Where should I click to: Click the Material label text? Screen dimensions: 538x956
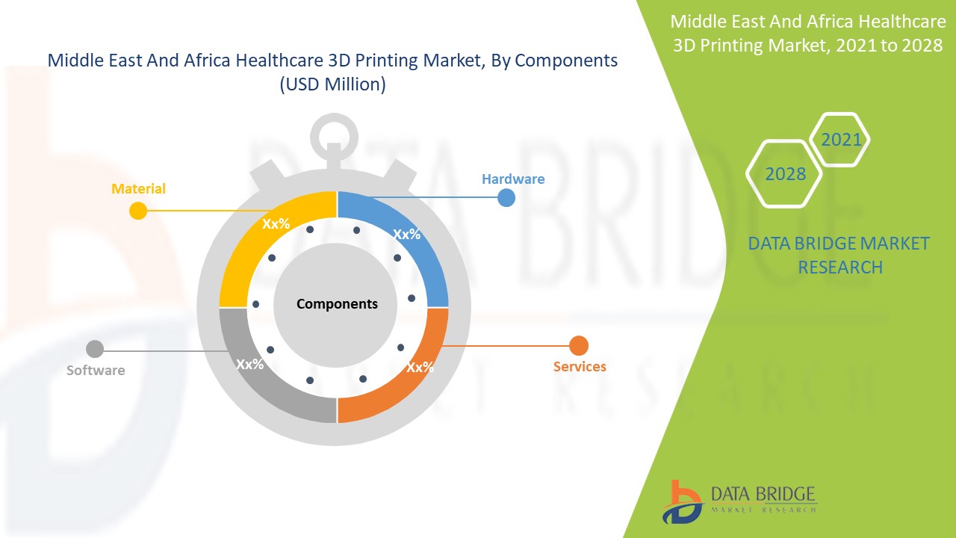tap(138, 189)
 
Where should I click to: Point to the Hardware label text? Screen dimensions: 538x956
tap(513, 179)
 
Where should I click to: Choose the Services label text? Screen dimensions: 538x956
tap(580, 366)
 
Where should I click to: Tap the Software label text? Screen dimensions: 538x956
tap(96, 370)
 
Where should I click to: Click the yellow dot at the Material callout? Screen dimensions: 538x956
tap(138, 211)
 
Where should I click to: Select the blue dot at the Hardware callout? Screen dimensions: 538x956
tap(506, 197)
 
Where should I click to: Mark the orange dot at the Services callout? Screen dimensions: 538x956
tap(579, 346)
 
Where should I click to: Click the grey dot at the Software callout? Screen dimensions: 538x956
tap(95, 349)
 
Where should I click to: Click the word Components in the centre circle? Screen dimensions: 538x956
tap(337, 304)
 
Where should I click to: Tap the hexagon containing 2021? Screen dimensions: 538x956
tap(841, 140)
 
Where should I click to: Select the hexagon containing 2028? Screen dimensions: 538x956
tap(785, 174)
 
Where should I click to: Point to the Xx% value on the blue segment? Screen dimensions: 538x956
tap(407, 234)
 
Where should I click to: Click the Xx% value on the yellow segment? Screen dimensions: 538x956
tap(276, 223)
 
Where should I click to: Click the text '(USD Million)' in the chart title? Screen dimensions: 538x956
tap(332, 84)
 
